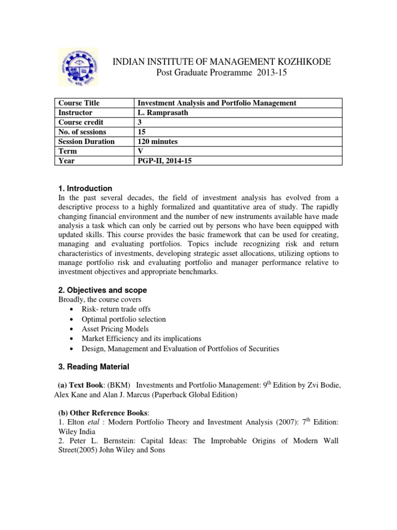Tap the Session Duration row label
coord(86,141)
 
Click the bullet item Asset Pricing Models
coord(115,329)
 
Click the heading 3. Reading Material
coord(93,367)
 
